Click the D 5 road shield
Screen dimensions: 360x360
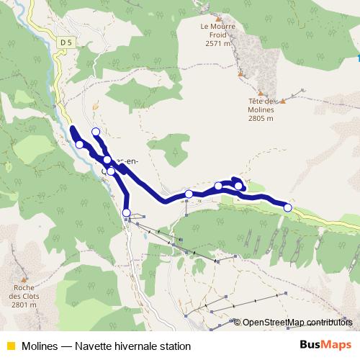[x=66, y=42]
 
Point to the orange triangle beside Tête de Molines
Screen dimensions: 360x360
[x=282, y=101]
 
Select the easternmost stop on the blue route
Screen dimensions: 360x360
[x=288, y=207]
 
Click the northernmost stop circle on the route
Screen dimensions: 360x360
[x=96, y=131]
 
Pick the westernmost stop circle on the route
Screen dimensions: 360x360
[x=79, y=144]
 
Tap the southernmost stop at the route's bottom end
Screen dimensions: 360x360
[x=127, y=212]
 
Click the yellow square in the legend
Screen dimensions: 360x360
[x=10, y=346]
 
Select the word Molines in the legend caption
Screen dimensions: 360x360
[x=40, y=346]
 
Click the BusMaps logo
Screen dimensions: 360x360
[x=324, y=346]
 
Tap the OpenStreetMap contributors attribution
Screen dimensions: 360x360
[x=297, y=322]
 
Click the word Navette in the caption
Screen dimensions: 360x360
[x=96, y=346]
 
